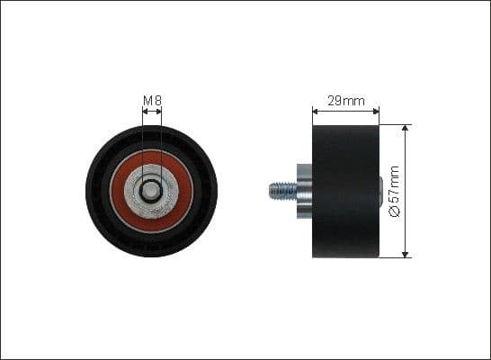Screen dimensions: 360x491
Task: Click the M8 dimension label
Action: (152, 100)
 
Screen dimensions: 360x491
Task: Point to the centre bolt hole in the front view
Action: (152, 191)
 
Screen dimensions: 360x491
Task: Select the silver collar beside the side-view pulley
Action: (304, 191)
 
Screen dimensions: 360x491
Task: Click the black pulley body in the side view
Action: (346, 191)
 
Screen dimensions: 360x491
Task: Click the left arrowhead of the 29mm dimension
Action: (316, 112)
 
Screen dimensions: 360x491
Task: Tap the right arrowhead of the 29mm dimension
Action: (376, 112)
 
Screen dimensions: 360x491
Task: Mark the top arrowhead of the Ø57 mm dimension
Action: (406, 129)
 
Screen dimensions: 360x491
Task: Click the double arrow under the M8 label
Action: (152, 112)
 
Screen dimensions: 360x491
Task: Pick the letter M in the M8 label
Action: (147, 100)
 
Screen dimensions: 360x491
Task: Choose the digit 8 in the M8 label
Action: (157, 100)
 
